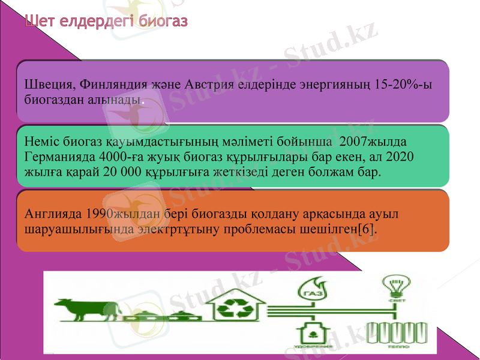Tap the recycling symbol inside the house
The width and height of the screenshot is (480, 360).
click(x=233, y=310)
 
